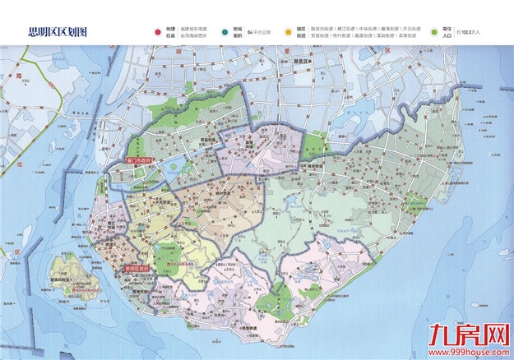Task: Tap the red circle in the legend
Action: coord(157,31)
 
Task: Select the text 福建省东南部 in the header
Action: coord(192,28)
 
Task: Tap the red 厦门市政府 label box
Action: coord(135,161)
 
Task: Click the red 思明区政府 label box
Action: coord(137,268)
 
